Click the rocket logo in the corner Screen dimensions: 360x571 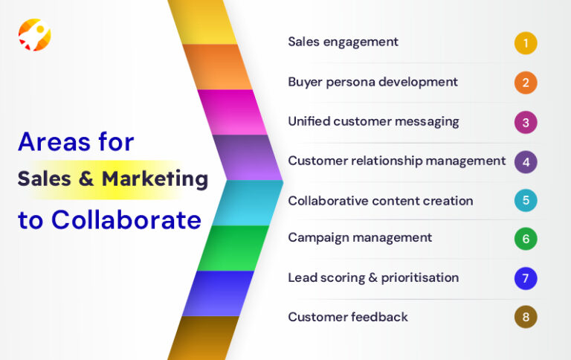[x=34, y=34]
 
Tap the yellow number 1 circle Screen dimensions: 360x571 [x=525, y=42]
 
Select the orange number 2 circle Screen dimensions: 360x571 [x=525, y=83]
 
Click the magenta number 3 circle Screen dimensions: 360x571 [x=525, y=122]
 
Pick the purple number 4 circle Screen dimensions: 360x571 [x=525, y=161]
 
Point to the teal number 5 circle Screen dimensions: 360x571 [x=525, y=201]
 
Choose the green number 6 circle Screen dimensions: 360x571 [x=525, y=239]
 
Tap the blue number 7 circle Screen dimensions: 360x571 [x=525, y=278]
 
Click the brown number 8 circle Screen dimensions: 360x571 [x=525, y=318]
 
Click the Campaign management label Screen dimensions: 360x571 [x=360, y=238]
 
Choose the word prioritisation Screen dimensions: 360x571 [x=420, y=278]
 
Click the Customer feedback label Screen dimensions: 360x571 [x=348, y=318]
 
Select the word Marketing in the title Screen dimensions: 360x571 [x=155, y=179]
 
